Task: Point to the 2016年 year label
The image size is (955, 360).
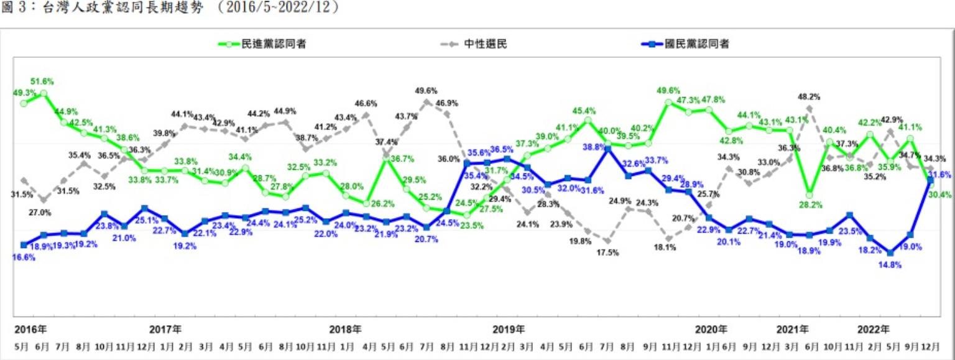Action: pyautogui.click(x=30, y=328)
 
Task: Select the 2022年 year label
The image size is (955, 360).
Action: pyautogui.click(x=872, y=328)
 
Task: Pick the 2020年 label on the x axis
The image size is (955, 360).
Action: pyautogui.click(x=711, y=328)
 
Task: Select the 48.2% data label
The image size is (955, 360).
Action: pyautogui.click(x=809, y=97)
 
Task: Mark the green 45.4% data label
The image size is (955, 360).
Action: pyautogui.click(x=584, y=111)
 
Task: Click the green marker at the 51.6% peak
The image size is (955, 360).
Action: pyautogui.click(x=44, y=93)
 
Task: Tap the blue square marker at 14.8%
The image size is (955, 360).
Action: pyautogui.click(x=890, y=253)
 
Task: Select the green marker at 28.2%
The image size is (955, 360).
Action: pyautogui.click(x=809, y=194)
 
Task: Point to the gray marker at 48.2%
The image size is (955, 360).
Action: pyautogui.click(x=809, y=108)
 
